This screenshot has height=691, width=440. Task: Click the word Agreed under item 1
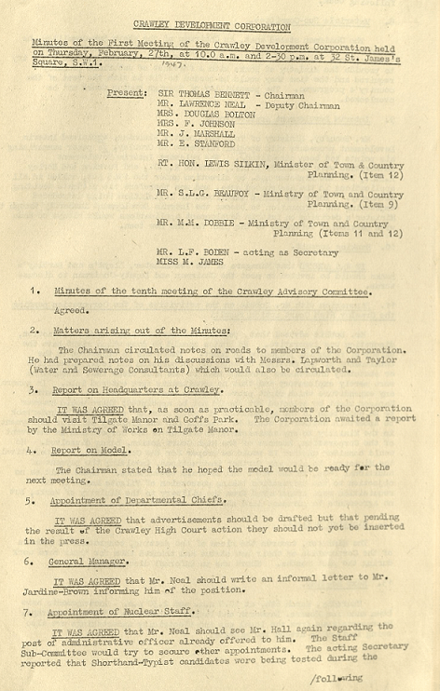tap(72, 311)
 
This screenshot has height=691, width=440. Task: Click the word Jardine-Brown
tap(84, 591)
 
